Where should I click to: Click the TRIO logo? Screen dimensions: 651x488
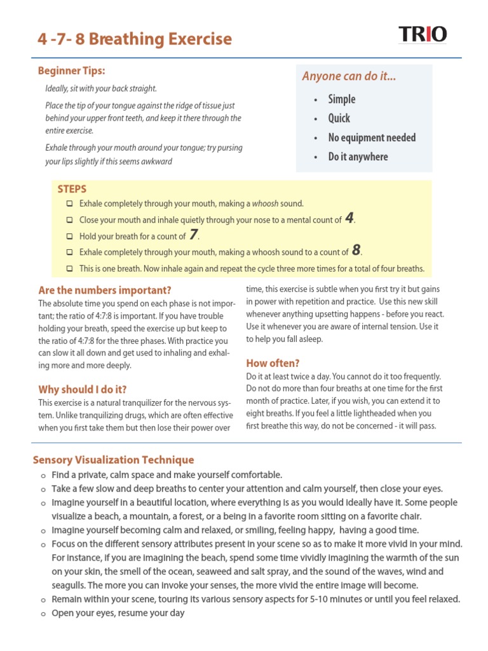[x=423, y=34]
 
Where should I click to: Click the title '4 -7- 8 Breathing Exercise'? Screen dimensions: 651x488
[x=135, y=39]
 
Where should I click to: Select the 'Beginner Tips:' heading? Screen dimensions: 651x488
[x=72, y=71]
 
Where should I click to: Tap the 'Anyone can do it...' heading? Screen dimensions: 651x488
[x=349, y=76]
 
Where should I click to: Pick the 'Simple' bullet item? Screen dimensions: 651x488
[x=341, y=99]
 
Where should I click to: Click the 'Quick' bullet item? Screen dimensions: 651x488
[x=339, y=118]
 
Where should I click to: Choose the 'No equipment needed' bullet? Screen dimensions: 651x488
[x=372, y=137]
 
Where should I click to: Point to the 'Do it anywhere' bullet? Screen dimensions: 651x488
[x=358, y=156]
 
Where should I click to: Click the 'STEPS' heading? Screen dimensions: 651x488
[x=72, y=189]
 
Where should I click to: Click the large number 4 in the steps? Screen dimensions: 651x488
[x=349, y=219]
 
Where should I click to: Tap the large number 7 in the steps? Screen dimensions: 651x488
[x=194, y=235]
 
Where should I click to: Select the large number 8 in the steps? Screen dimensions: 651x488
[x=356, y=250]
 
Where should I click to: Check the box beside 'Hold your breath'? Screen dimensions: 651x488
[x=69, y=236]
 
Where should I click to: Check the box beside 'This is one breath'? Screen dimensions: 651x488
[x=69, y=268]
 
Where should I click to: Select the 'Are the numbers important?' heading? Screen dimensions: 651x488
[x=105, y=290]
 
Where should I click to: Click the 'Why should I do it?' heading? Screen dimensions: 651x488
[x=83, y=389]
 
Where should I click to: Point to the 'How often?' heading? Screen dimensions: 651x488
[x=273, y=363]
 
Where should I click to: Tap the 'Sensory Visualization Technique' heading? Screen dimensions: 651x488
[x=113, y=460]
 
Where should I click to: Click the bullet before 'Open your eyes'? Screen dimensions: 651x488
[x=43, y=613]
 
